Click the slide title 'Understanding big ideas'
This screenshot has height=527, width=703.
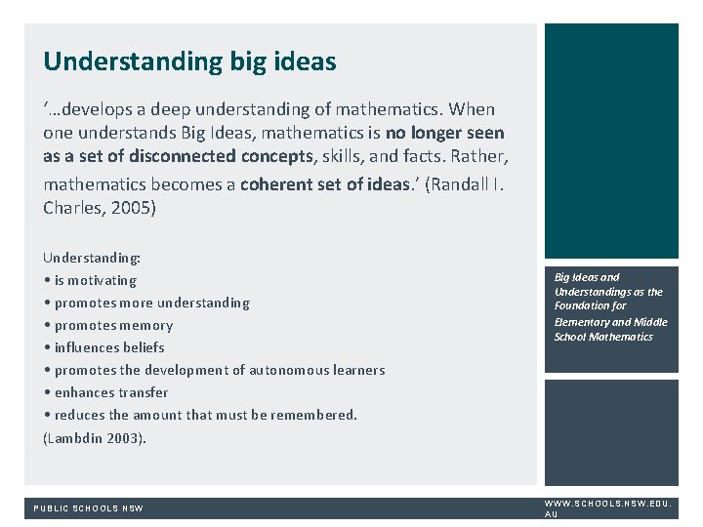[x=189, y=62]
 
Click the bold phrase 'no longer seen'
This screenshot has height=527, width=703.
[x=444, y=133]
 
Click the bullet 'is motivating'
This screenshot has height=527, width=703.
[x=95, y=280]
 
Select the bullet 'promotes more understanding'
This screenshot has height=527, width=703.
[x=151, y=303]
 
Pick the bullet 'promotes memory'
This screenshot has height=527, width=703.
[x=113, y=325]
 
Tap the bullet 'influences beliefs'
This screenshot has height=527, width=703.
[x=109, y=347]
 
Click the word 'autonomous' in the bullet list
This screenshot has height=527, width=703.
[x=288, y=370]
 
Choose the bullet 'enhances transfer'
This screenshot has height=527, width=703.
[x=111, y=392]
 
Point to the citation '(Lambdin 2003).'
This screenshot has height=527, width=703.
[x=95, y=438]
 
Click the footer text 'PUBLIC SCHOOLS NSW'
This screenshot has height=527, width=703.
[x=89, y=508]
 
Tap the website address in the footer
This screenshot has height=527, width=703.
[x=606, y=507]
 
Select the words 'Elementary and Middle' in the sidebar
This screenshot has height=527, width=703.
[x=610, y=322]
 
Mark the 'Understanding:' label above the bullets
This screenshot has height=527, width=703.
[x=92, y=258]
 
